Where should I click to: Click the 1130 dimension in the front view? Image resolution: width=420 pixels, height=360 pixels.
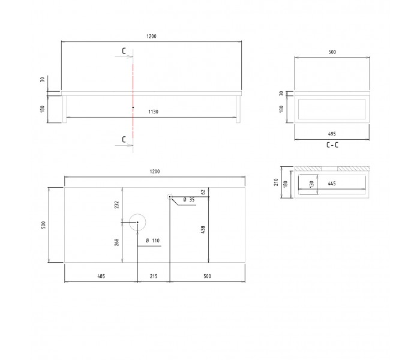153,112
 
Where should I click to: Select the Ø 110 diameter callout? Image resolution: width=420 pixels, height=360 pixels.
152,241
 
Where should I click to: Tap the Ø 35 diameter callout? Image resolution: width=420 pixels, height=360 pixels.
189,200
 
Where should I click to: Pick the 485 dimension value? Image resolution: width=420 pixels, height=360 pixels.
101,276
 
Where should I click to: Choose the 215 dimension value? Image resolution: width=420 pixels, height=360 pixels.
154,276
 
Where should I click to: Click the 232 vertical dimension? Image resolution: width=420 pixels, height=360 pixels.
116,205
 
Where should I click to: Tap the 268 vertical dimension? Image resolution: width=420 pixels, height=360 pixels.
116,242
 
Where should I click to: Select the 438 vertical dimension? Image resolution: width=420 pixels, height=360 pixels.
203,230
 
